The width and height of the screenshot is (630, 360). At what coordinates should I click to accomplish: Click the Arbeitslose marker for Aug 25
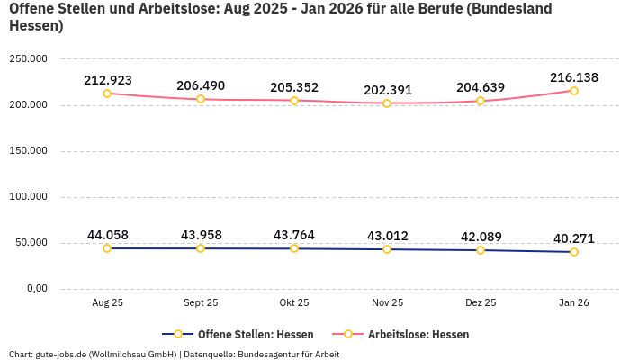[x=107, y=94]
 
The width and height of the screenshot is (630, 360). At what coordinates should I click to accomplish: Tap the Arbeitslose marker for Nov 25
[x=387, y=103]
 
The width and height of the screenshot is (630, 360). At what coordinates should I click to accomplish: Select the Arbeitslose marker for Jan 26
[x=574, y=91]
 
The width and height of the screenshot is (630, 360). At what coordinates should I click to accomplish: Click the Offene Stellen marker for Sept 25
[x=201, y=248]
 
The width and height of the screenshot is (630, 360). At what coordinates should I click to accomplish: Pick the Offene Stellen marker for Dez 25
[x=481, y=250]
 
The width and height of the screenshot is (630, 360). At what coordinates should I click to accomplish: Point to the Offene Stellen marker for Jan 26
[x=574, y=252]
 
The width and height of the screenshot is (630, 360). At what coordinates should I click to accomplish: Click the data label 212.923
[x=108, y=80]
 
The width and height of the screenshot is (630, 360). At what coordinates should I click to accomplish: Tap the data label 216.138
[x=574, y=77]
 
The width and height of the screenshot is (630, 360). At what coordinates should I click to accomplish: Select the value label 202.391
[x=388, y=90]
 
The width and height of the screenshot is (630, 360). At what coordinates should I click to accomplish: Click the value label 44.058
[x=108, y=235]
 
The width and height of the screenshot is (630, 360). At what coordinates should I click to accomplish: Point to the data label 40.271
[x=574, y=238]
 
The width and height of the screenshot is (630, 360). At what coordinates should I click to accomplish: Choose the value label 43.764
[x=294, y=235]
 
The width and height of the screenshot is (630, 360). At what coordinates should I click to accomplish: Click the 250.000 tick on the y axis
[x=29, y=59]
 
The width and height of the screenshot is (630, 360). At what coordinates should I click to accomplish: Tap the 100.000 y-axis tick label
[x=29, y=197]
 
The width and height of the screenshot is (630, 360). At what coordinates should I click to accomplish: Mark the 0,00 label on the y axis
[x=36, y=289]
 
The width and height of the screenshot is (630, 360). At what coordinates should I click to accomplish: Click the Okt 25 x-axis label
[x=294, y=303]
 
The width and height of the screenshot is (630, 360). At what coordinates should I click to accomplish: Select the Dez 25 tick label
[x=481, y=303]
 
